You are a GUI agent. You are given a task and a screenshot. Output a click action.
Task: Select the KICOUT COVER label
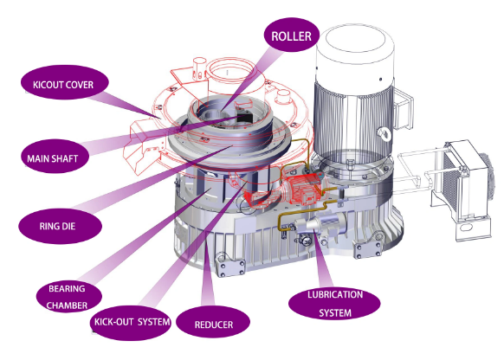click(56, 84)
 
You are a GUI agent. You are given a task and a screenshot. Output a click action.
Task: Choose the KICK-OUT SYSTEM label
click(129, 323)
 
